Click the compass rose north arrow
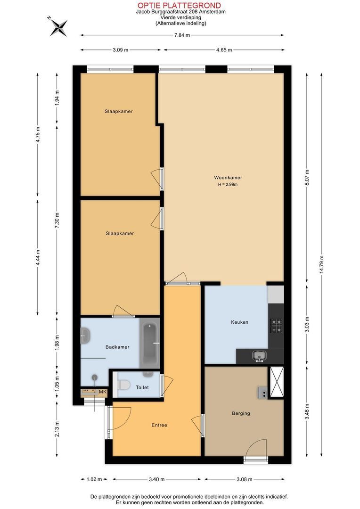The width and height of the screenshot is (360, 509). tap(59, 26)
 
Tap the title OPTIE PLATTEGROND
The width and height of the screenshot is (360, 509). tap(179, 5)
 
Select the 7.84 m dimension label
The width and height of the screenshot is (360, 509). tap(182, 35)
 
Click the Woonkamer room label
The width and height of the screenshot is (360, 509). tap(228, 178)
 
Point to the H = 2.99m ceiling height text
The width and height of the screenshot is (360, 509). tap(228, 184)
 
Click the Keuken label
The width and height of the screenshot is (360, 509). tap(239, 322)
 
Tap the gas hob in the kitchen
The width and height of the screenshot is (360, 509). tap(276, 326)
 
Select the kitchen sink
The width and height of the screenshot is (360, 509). tap(260, 355)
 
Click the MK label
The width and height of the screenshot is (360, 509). tap(103, 392)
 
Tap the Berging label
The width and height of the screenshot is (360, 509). tap(241, 413)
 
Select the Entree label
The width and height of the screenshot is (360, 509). tap(159, 425)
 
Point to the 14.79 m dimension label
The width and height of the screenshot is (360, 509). tap(321, 264)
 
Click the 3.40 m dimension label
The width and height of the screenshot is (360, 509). tap(156, 479)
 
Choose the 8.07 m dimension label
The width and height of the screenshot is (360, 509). tap(307, 178)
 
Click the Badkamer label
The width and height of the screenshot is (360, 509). tap(117, 347)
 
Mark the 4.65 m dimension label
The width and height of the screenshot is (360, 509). tap(224, 50)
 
